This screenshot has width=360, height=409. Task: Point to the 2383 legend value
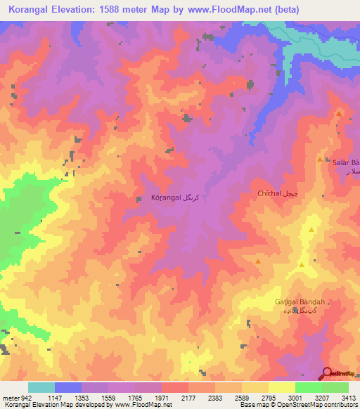[x=205, y=398]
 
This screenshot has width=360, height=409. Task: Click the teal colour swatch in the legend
[x=41, y=387]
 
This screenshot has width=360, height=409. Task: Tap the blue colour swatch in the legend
[x=68, y=387]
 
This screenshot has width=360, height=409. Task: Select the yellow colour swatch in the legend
[x=282, y=387]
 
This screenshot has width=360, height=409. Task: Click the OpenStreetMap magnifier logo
[x=327, y=373]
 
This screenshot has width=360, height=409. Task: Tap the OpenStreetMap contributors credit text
[x=320, y=405]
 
